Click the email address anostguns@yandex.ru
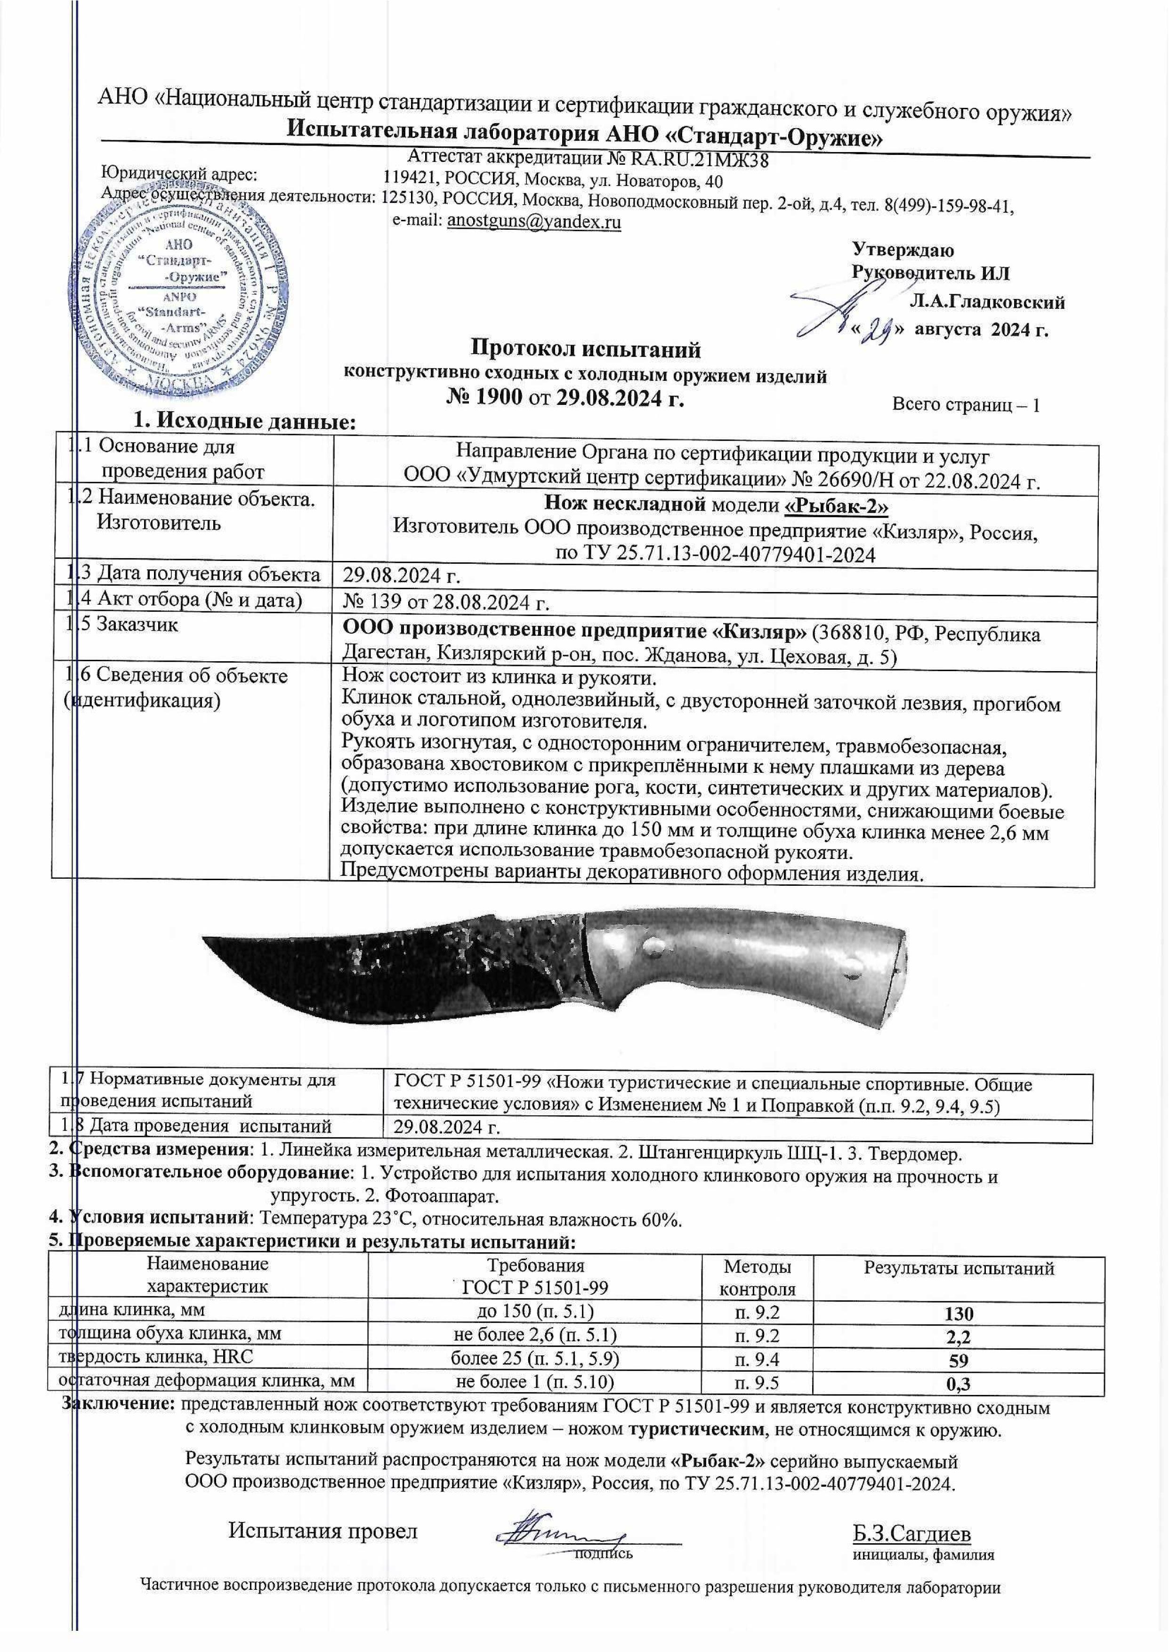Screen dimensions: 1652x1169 pos(533,222)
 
